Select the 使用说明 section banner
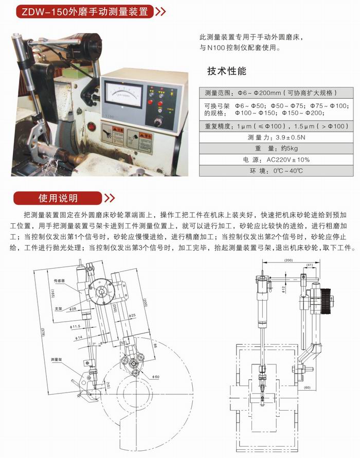click(x=58, y=198)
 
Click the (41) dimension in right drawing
click(x=309, y=265)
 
